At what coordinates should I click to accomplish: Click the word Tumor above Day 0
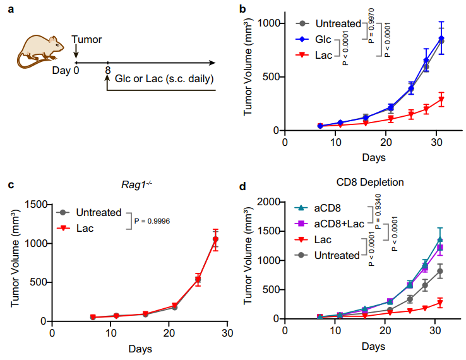pyautogui.click(x=87, y=39)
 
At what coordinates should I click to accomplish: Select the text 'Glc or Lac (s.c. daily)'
pyautogui.click(x=164, y=80)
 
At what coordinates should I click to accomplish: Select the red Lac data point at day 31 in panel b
pyautogui.click(x=441, y=100)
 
